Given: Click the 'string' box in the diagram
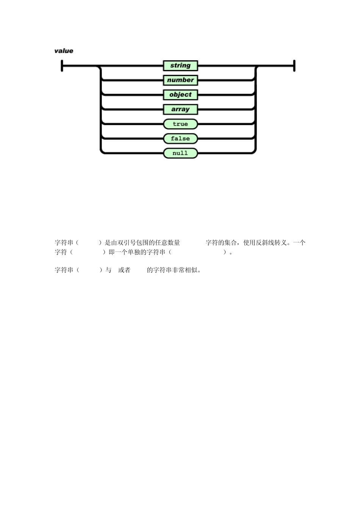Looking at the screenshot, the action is tap(180, 66).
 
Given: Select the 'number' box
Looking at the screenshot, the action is tap(180, 80).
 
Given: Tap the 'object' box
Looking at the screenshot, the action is tap(180, 95).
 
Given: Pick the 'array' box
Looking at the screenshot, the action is tap(180, 109).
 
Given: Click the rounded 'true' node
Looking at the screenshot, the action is tap(180, 124).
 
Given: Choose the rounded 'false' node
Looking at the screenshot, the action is tap(180, 139).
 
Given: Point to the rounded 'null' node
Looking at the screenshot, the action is tap(180, 153).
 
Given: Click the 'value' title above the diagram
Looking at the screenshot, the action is tap(64, 51).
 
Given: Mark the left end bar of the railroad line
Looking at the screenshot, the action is tap(62, 66).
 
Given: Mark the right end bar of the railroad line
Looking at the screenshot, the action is tap(294, 66).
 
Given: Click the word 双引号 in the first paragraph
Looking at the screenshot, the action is tap(127, 243).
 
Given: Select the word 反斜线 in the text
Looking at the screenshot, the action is tap(265, 243).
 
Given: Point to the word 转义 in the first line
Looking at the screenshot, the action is tap(280, 243).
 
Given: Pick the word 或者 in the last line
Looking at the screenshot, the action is tap(124, 270).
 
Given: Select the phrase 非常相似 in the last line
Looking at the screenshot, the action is tap(185, 270).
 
